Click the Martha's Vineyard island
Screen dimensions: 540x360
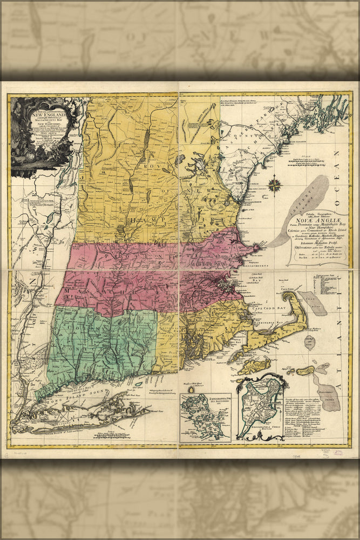tap(255, 366)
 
